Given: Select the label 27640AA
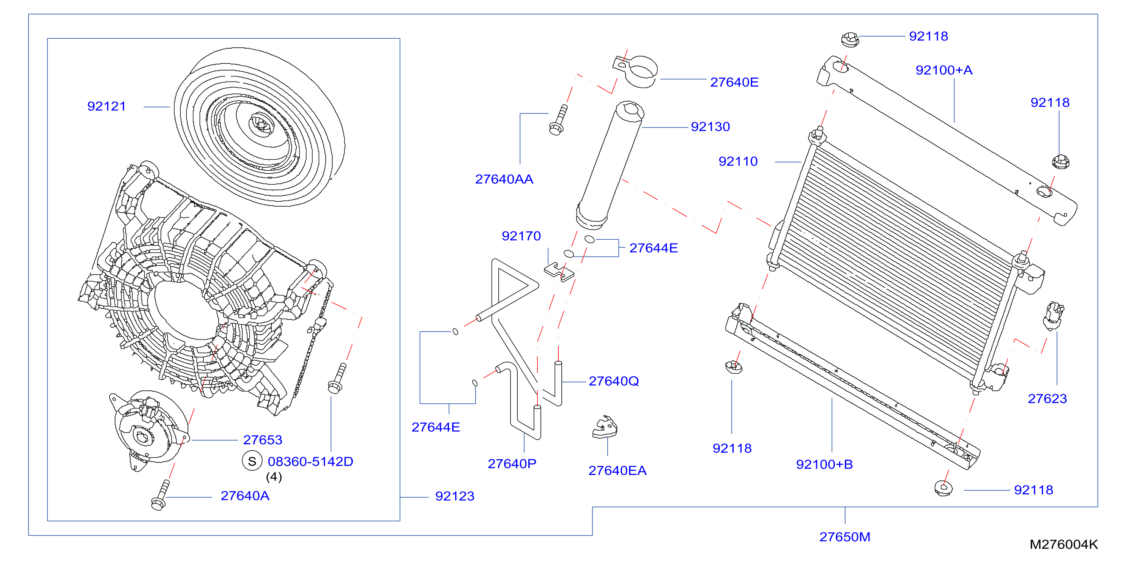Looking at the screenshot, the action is click(504, 179).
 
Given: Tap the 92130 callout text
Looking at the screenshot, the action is click(710, 127).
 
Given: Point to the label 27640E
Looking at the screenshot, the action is click(734, 82).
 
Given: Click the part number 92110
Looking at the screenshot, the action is click(738, 161).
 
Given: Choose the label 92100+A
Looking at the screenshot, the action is click(944, 70).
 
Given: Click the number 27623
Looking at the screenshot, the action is click(1047, 398).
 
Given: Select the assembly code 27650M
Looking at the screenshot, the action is click(844, 537).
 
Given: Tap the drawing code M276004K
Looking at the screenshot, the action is click(1063, 544).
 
